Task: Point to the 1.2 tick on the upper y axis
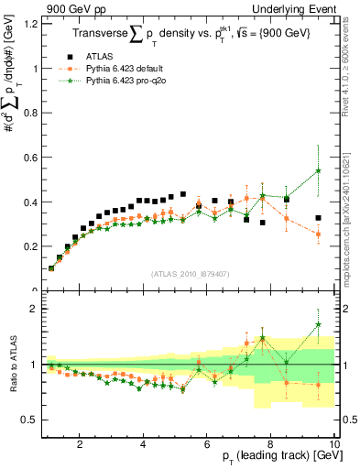[x=32, y=24]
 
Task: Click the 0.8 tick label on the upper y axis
[x=32, y=113]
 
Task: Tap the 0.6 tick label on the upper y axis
[x=32, y=158]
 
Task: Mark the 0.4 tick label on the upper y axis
[x=32, y=202]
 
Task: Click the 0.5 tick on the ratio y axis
[x=32, y=420]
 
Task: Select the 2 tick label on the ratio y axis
[x=36, y=310]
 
